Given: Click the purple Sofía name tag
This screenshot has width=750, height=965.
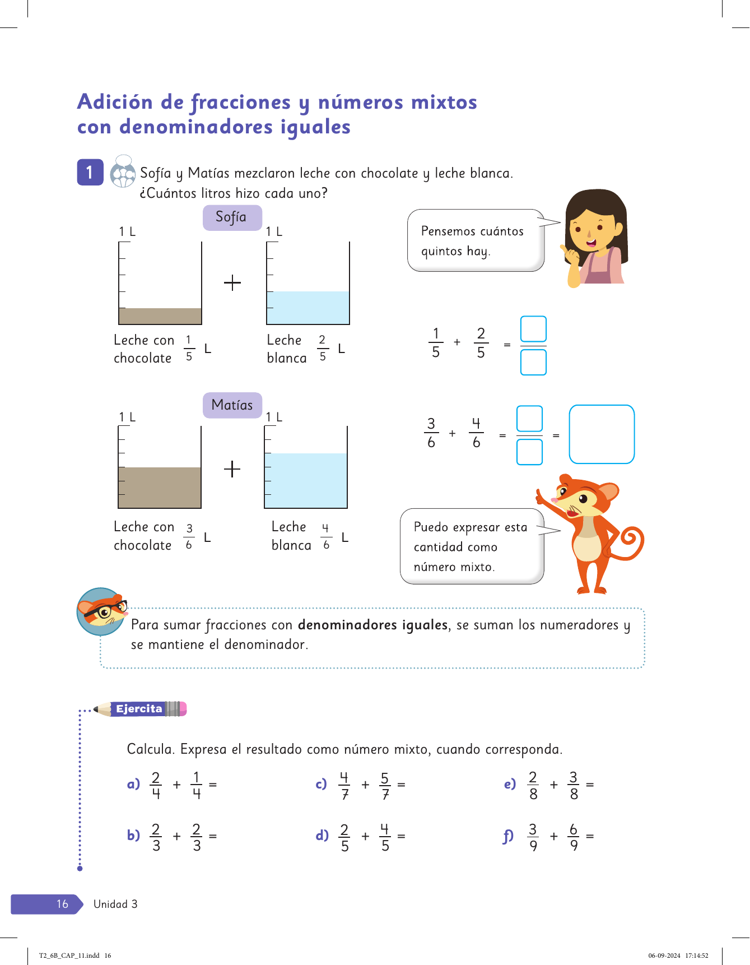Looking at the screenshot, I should (232, 217).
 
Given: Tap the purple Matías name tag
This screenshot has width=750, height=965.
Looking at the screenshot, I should (232, 405).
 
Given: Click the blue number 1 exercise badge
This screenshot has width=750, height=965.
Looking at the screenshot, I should (90, 172).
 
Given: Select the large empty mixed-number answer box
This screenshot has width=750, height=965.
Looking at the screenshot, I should (601, 434).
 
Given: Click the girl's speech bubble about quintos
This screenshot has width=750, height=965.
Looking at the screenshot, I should (475, 240).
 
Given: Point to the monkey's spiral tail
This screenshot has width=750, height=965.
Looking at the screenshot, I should (631, 541).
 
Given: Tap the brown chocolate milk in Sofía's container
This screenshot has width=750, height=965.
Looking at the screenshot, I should (160, 316).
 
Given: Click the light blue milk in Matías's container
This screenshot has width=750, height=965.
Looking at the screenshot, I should (306, 480).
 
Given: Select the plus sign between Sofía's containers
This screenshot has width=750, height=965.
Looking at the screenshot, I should (232, 282).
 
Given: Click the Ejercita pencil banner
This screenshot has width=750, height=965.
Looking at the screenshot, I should (140, 709).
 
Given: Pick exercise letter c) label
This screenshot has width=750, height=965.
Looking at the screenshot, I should (321, 784).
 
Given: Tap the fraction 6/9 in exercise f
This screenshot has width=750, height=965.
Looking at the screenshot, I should (574, 837).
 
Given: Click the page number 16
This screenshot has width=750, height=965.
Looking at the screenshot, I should (62, 904).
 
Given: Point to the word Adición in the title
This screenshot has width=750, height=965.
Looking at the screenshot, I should (115, 102).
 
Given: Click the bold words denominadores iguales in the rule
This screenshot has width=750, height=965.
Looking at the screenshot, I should (372, 625).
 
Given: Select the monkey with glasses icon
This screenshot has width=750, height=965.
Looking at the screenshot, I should (101, 611).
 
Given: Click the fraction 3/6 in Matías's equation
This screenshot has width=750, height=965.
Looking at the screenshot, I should (431, 433).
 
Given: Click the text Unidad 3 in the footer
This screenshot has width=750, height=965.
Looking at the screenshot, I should (115, 904).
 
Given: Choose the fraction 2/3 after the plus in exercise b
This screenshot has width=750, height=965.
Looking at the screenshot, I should (197, 837).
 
